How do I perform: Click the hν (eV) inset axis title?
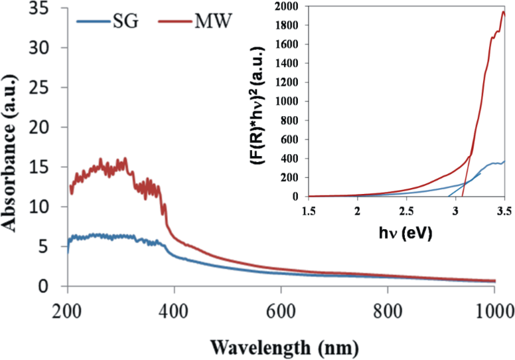click(405, 232)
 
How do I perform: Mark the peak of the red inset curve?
click(502, 12)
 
